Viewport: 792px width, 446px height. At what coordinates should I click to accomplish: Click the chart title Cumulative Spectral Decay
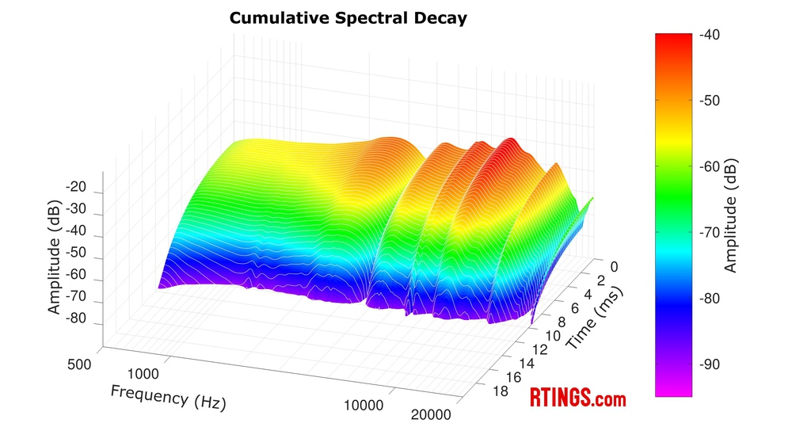coord(348,17)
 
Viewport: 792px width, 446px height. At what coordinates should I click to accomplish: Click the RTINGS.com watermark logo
coord(577,398)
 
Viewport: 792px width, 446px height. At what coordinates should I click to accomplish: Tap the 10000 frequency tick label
coord(364,405)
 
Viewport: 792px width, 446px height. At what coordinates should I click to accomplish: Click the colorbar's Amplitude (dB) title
coord(730,215)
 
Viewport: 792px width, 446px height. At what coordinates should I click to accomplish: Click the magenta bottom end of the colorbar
coord(673,388)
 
